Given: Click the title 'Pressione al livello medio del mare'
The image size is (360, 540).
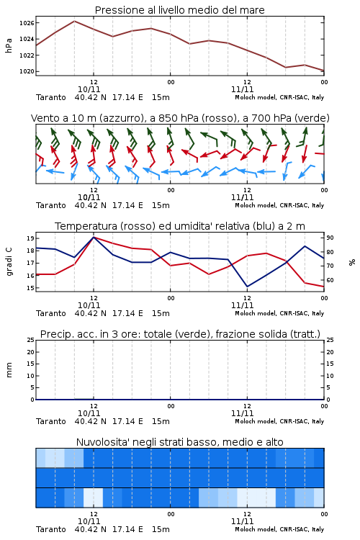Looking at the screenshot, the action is click(x=179, y=10).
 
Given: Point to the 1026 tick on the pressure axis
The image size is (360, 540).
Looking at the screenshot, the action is click(x=27, y=23).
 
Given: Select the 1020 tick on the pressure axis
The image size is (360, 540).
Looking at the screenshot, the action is click(x=27, y=71).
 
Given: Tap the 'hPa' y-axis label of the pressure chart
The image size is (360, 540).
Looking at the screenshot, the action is click(x=9, y=45).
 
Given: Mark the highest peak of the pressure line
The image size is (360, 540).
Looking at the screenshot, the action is click(x=74, y=21).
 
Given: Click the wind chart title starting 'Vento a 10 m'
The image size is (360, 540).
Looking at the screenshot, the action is click(x=180, y=118).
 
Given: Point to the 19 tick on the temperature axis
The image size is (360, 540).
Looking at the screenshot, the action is click(x=30, y=238).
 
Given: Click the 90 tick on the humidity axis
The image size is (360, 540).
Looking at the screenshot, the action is click(x=330, y=238).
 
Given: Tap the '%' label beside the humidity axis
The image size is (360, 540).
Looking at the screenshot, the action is click(x=352, y=262).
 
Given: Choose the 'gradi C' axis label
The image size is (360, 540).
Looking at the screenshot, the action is click(x=9, y=262).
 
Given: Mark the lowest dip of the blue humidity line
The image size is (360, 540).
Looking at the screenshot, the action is click(x=247, y=287).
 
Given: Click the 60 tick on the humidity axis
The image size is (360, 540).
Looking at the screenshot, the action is click(x=330, y=280).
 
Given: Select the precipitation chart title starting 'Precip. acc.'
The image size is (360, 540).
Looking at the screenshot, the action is click(x=180, y=334).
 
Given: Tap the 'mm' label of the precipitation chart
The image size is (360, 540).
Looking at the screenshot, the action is click(x=9, y=370).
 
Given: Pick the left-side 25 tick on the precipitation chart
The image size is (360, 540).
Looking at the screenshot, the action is click(x=30, y=340).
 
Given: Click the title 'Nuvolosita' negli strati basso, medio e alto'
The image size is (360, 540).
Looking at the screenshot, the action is click(x=179, y=442).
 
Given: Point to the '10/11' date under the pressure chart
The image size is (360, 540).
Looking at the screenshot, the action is click(x=89, y=89).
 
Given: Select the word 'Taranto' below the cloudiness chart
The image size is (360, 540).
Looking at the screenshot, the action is click(x=50, y=529).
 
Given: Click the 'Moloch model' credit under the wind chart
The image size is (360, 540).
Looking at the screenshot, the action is click(x=256, y=205).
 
